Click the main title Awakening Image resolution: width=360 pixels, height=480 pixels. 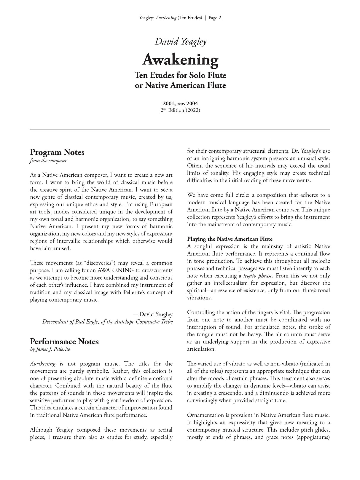click(180, 60)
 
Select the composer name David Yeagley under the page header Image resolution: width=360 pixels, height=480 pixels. click(180, 42)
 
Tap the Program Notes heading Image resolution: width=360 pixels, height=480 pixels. click(57, 152)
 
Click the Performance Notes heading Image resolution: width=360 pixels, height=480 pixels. click(64, 342)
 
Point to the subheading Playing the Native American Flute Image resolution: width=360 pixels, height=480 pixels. click(230, 239)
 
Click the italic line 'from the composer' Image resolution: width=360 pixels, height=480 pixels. click(48, 161)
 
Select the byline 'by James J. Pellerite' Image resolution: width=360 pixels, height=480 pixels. click(50, 349)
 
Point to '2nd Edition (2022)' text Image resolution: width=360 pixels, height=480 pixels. click(180, 110)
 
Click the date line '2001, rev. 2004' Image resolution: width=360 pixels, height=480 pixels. click(180, 104)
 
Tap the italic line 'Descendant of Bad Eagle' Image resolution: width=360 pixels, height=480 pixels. click(107, 322)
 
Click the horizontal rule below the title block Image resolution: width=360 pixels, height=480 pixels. click(180, 130)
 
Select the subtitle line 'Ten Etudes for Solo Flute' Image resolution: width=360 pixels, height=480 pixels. click(180, 75)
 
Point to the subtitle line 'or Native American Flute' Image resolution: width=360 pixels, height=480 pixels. click(180, 85)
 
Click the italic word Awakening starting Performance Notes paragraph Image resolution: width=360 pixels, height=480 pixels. click(43, 364)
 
